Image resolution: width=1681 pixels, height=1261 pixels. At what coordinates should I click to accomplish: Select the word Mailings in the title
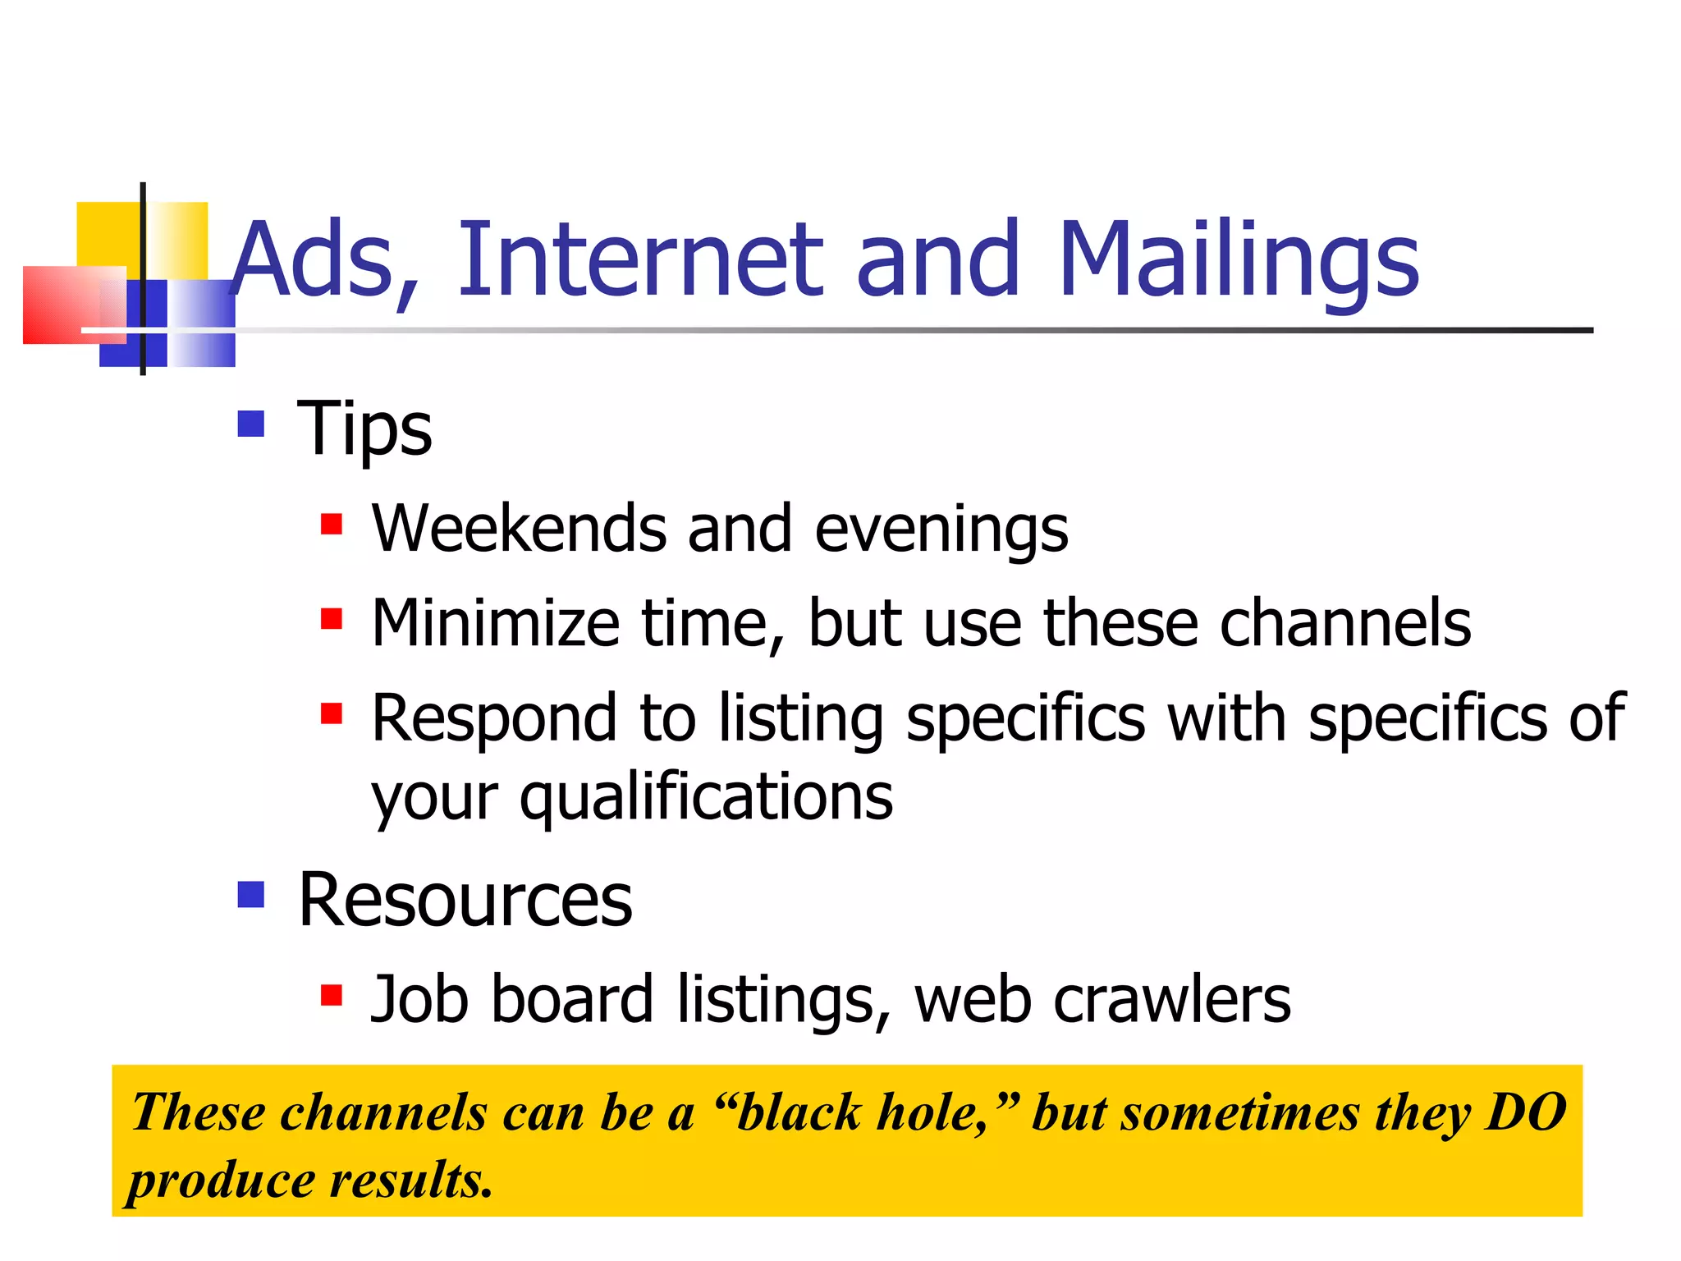pos(1239,261)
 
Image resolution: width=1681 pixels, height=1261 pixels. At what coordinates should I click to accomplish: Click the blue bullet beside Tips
pos(251,424)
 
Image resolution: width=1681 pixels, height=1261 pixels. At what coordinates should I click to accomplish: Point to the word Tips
pos(364,430)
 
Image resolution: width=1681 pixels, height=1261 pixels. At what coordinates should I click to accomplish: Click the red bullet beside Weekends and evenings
pos(331,524)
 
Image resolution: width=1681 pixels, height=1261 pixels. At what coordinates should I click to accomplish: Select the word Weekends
pos(519,529)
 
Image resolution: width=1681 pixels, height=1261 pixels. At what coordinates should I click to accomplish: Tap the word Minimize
pos(495,624)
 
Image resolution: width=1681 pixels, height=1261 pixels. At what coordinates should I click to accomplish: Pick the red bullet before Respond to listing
pos(331,713)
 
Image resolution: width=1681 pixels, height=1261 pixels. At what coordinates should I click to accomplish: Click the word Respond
pos(493,719)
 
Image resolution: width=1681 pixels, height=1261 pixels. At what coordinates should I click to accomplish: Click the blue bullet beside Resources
pos(251,894)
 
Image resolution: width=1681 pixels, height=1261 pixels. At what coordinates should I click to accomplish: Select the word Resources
pos(465,901)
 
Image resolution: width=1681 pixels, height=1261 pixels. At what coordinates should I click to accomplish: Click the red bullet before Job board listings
pos(331,995)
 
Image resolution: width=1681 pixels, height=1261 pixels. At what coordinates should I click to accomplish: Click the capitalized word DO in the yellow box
pos(1527,1113)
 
